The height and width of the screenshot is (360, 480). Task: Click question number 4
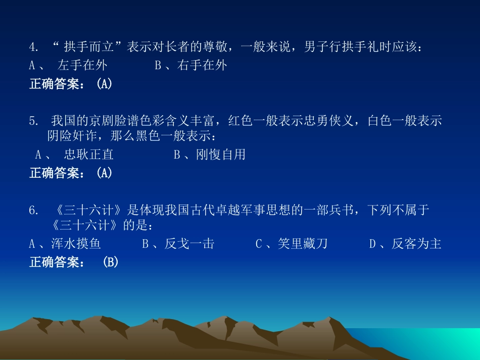pyautogui.click(x=34, y=48)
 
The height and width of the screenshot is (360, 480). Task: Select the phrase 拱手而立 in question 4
pyautogui.click(x=88, y=47)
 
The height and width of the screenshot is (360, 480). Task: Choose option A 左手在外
pyautogui.click(x=82, y=65)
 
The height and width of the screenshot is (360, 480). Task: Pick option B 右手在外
pyautogui.click(x=202, y=65)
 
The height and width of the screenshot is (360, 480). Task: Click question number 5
pyautogui.click(x=34, y=121)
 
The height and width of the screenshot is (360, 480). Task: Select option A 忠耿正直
pyautogui.click(x=89, y=155)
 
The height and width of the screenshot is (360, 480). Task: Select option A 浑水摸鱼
pyautogui.click(x=76, y=244)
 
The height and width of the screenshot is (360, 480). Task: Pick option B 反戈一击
pyautogui.click(x=189, y=244)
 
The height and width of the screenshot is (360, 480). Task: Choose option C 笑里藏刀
pyautogui.click(x=303, y=244)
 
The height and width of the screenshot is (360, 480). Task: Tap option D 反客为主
pyautogui.click(x=417, y=244)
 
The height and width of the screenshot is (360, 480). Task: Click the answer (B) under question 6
pyautogui.click(x=110, y=263)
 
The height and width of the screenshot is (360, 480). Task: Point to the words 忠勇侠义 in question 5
pyautogui.click(x=333, y=121)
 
